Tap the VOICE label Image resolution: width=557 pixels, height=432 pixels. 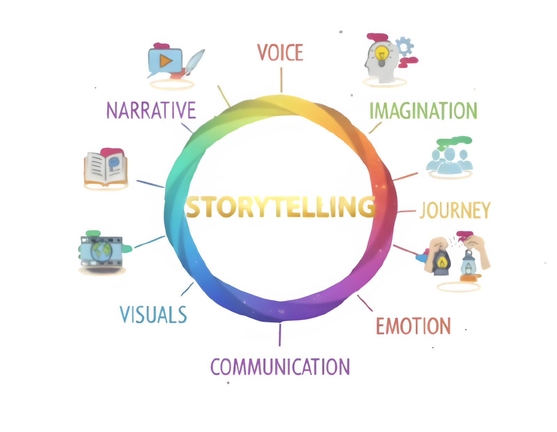pos(280,52)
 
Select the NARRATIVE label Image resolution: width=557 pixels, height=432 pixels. pos(151,110)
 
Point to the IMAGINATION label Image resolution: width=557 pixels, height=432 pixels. pos(423,111)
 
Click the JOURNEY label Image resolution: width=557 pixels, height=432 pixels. pos(454,210)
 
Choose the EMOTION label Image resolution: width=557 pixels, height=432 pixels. pos(413,326)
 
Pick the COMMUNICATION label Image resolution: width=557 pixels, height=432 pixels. pos(280,367)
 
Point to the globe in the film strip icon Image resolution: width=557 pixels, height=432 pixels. pos(101,251)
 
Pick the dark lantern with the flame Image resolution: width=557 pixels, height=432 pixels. pos(442,261)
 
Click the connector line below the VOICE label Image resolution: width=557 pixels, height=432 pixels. pos(281,80)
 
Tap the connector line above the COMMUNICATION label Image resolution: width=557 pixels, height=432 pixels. pos(279,335)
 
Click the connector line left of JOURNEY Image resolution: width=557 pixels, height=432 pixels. pos(406,211)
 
